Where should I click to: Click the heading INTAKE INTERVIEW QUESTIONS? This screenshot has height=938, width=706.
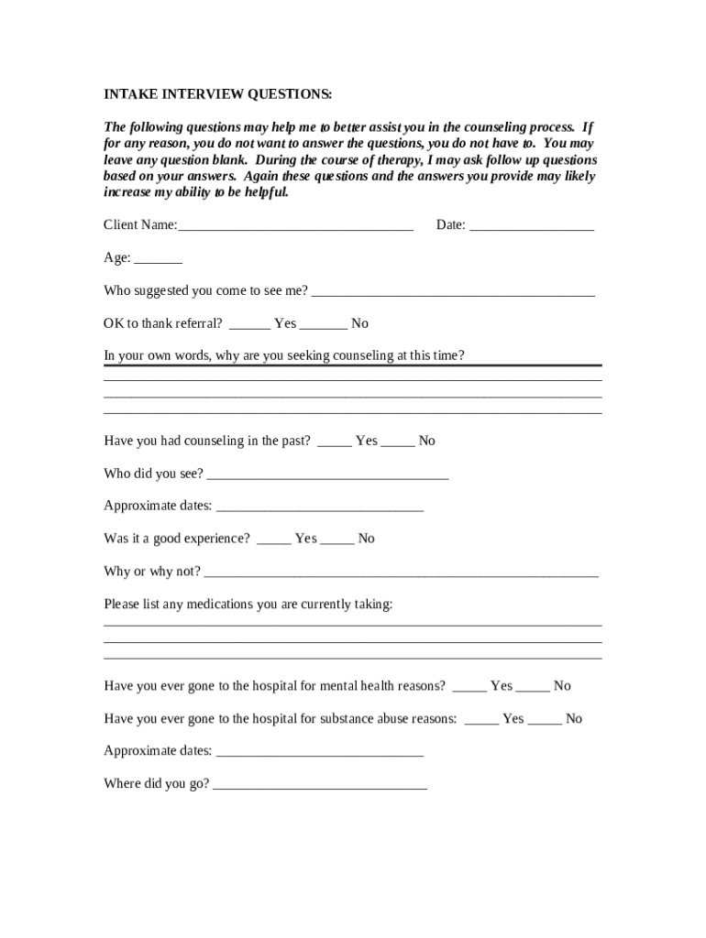tap(217, 94)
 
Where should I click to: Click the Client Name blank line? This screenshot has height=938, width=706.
tap(295, 225)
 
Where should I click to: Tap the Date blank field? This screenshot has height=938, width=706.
tap(532, 225)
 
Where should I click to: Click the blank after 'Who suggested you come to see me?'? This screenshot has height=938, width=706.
tap(453, 291)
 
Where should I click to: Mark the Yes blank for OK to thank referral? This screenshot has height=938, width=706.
tap(249, 324)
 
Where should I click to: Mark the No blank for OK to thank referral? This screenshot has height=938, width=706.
tap(324, 324)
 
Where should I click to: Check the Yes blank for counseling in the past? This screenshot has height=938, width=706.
tap(335, 442)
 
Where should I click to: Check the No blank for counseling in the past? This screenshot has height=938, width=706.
tap(398, 442)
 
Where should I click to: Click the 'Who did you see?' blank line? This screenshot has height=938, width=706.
tap(328, 474)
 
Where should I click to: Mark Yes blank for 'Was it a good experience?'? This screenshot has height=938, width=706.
tap(274, 540)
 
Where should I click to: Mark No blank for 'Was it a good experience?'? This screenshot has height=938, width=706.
tap(337, 540)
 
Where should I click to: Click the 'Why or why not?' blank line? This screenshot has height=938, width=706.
tap(401, 573)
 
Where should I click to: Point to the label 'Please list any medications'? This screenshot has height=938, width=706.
tap(248, 605)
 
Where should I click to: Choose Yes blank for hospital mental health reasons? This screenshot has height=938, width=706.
tap(469, 686)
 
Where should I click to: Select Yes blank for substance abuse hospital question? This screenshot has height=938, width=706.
tap(481, 719)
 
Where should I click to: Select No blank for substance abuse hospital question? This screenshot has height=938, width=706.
tap(545, 719)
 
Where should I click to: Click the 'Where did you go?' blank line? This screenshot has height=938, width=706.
tap(319, 784)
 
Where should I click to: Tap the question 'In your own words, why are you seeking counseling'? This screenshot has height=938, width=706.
tap(284, 355)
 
